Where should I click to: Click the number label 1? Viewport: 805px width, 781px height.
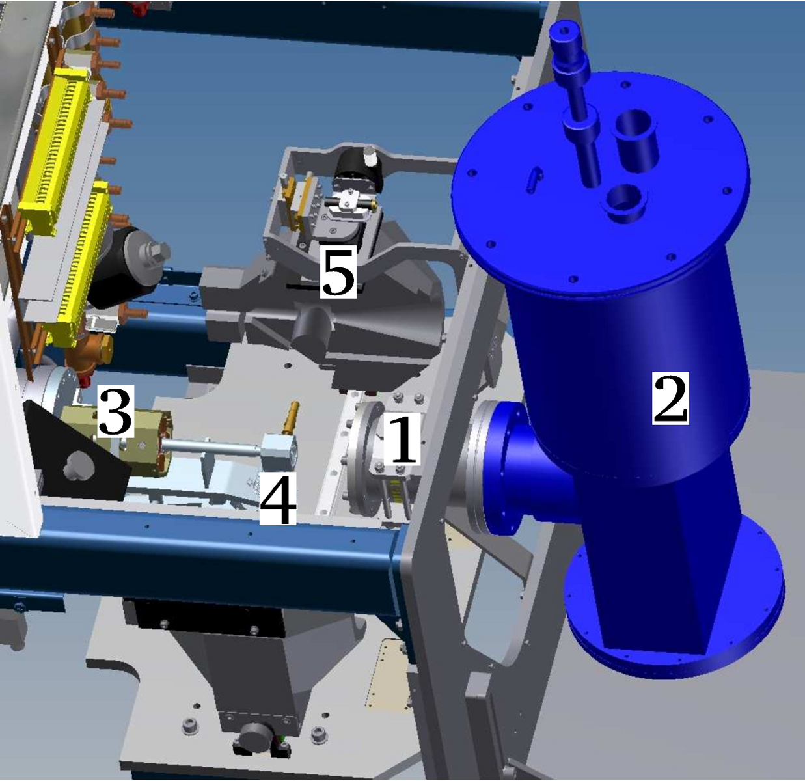pos(402,439)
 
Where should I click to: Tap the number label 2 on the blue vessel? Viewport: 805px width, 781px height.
pos(670,398)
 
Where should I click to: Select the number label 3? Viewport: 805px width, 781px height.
pos(115,411)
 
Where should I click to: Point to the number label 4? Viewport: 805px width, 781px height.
pos(278,499)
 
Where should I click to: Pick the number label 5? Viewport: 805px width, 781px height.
pos(338,271)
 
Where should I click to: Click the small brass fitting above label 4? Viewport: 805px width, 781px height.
pos(290,418)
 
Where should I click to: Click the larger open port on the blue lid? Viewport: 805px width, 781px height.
pos(636,137)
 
